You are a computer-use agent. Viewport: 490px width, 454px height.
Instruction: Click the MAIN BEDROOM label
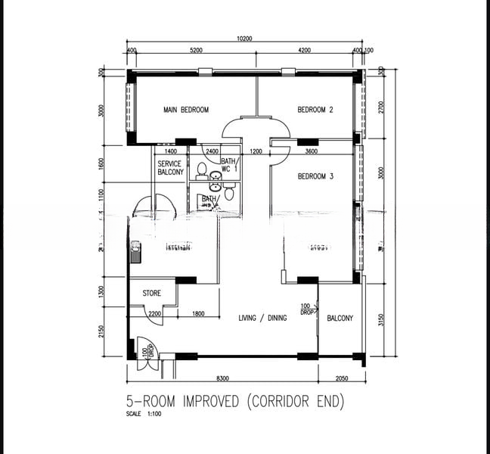(186, 110)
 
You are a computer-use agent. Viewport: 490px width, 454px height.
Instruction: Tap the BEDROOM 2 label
(315, 110)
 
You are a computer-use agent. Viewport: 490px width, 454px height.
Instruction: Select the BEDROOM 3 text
(315, 176)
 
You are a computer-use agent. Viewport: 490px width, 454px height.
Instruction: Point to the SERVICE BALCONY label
(170, 168)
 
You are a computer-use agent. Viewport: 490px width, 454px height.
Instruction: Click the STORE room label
(151, 293)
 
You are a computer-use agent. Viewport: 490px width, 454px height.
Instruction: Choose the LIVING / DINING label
(262, 319)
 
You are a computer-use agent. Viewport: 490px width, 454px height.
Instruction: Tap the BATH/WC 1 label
(229, 166)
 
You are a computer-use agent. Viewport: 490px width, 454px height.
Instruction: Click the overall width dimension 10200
(243, 39)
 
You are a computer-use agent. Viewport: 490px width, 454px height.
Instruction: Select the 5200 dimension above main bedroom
(196, 51)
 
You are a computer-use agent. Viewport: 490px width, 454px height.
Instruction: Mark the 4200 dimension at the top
(303, 51)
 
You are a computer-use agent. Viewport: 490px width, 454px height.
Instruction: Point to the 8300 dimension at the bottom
(222, 378)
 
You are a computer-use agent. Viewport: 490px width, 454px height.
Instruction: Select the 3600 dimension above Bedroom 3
(310, 152)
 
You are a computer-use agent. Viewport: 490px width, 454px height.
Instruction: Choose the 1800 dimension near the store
(198, 314)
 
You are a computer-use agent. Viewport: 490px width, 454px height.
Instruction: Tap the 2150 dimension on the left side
(101, 331)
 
